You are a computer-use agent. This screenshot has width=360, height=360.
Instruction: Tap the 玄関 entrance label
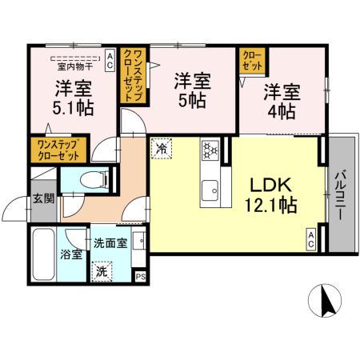click(43, 201)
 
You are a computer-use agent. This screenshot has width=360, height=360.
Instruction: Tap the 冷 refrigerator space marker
click(162, 148)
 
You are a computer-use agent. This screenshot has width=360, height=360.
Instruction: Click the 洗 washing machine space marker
click(102, 271)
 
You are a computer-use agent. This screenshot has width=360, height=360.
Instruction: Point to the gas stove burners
click(212, 150)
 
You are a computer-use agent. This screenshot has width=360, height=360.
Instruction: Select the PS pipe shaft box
click(141, 277)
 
